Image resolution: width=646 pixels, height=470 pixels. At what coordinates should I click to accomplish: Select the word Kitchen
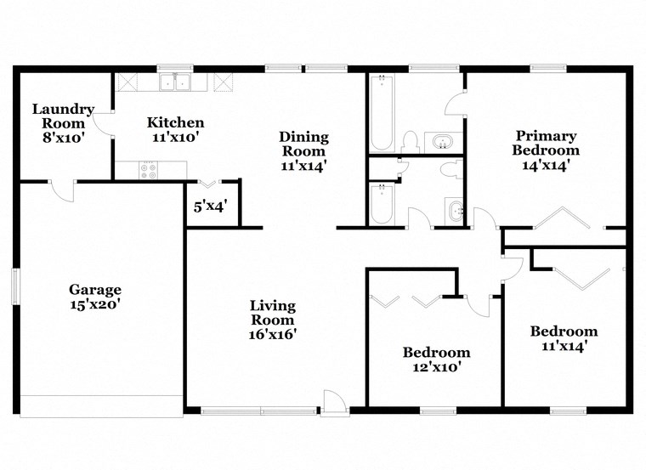click(175, 122)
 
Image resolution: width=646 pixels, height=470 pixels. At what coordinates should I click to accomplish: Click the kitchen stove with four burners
click(150, 170)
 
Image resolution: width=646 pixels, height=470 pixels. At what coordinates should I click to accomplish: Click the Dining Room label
click(304, 144)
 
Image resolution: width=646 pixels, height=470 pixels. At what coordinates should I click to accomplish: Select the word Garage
click(95, 290)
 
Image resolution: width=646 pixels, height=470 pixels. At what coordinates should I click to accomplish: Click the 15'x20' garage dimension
click(95, 304)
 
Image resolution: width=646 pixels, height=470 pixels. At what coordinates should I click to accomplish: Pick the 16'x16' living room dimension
click(272, 334)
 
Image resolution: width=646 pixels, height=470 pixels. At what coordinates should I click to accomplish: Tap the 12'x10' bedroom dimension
click(436, 367)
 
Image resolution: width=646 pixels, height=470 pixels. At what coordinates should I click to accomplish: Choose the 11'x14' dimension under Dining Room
click(304, 166)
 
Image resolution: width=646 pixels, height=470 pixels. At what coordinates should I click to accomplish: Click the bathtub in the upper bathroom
click(381, 112)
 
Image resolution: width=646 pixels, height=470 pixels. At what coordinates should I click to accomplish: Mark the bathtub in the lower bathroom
click(381, 204)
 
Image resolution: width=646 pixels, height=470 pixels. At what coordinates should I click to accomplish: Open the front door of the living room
click(332, 401)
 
